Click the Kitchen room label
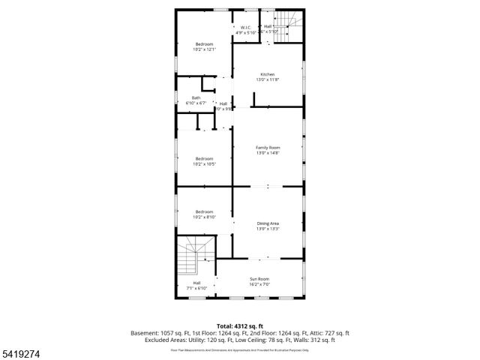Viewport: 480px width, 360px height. coord(267,74)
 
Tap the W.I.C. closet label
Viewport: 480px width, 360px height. coord(246,27)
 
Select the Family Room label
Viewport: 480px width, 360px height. coord(267,148)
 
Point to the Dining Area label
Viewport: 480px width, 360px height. coord(267,223)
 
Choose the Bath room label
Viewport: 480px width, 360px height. coord(196,97)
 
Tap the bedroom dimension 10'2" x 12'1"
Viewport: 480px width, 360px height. coord(205,49)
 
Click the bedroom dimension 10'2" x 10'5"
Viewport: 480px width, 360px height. coord(205,164)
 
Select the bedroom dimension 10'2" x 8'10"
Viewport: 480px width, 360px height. coord(205,217)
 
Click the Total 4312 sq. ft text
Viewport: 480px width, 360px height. coord(240,325)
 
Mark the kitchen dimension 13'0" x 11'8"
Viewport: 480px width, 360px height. coord(267,79)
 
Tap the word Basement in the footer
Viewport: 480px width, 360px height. coord(145,332)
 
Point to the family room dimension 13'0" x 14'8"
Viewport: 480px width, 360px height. coord(267,153)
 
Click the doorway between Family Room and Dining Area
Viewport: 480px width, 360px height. coord(267,186)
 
